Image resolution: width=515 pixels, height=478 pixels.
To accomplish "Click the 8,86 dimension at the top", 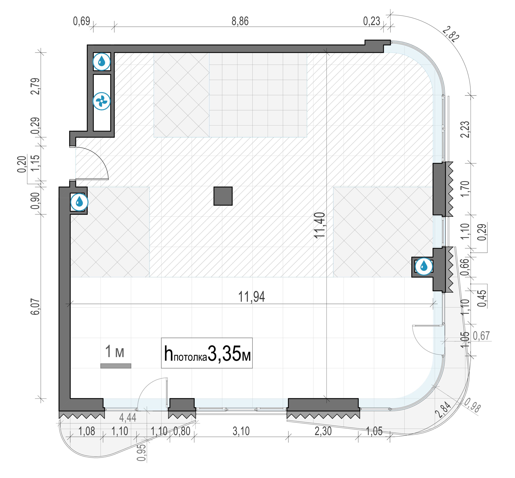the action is tap(240, 21).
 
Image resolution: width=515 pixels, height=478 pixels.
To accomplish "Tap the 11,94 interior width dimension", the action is tap(251, 297).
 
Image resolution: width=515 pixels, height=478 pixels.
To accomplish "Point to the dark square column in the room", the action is tap(223, 196).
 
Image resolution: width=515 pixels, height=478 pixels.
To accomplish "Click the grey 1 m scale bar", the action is tap(116, 366).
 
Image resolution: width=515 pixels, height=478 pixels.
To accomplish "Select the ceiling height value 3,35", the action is tap(224, 354).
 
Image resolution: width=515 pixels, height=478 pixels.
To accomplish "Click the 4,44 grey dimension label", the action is tap(128, 418).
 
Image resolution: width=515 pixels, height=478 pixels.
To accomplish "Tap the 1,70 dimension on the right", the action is tap(465, 188).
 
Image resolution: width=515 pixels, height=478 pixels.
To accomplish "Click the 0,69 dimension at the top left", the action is tap(81, 21).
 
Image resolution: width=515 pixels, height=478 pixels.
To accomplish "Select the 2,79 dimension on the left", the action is tap(35, 86).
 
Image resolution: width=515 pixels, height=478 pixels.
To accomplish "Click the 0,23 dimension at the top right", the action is tap(372, 21).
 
